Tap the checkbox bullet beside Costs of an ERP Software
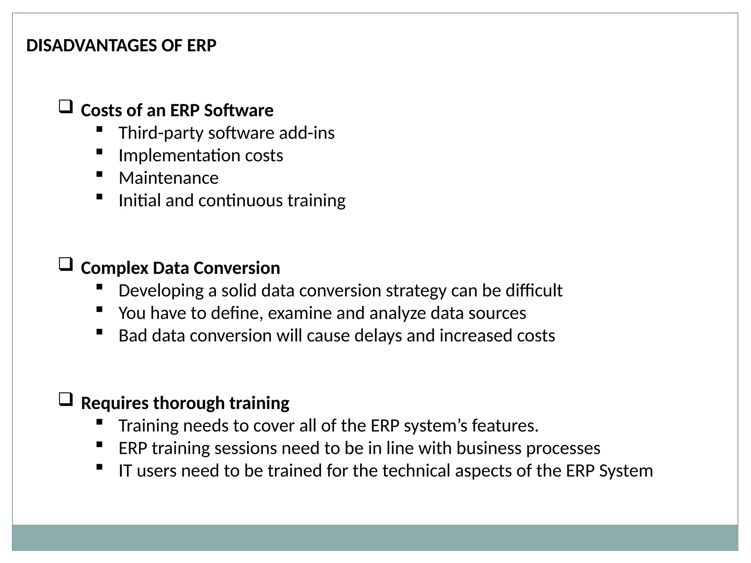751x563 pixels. click(x=66, y=107)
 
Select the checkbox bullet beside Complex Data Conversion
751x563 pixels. click(x=66, y=264)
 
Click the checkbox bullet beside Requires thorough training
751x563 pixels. click(x=66, y=400)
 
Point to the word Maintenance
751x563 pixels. click(x=168, y=178)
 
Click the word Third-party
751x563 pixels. click(x=161, y=133)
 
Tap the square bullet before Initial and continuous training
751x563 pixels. click(x=99, y=197)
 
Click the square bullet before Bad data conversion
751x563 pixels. click(x=99, y=332)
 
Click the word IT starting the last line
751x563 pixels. click(x=125, y=471)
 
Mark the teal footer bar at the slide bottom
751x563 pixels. click(x=375, y=537)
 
